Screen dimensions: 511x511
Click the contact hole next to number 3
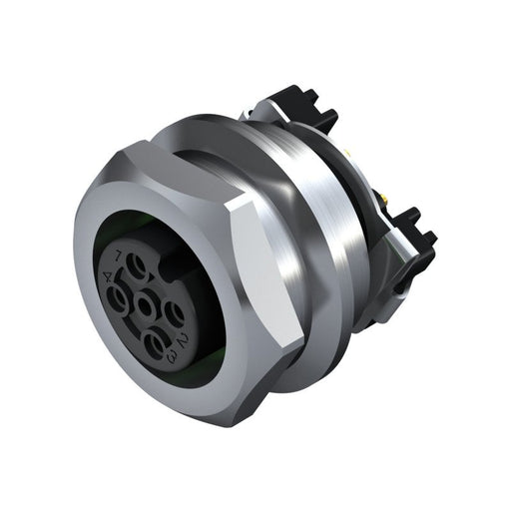[x=158, y=344]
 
